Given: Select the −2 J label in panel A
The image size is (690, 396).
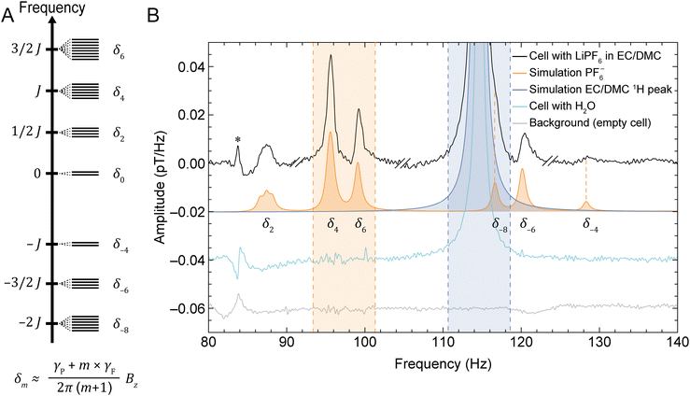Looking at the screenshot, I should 22,322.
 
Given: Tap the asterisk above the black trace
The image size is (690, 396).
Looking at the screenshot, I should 238,140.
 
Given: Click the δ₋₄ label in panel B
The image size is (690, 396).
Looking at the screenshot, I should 590,225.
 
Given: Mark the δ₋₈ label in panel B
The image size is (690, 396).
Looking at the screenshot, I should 500,225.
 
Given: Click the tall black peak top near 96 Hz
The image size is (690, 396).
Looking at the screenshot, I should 331,56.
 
